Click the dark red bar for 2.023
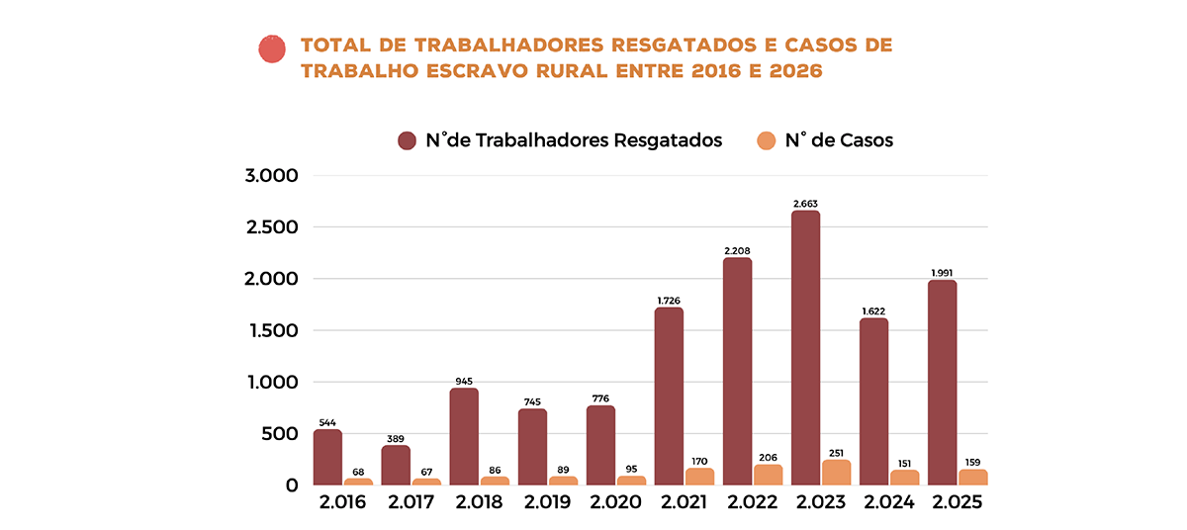[806, 348]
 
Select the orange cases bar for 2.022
[769, 476]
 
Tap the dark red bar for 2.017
[396, 466]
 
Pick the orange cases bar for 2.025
[973, 478]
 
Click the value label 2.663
[806, 204]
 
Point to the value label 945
[464, 381]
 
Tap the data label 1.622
[874, 310]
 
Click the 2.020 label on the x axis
[616, 502]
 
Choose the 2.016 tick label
[342, 502]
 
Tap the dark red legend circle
[407, 140]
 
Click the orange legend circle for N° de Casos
[766, 140]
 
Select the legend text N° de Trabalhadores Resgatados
[574, 140]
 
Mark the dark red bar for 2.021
[670, 397]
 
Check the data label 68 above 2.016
[358, 472]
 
